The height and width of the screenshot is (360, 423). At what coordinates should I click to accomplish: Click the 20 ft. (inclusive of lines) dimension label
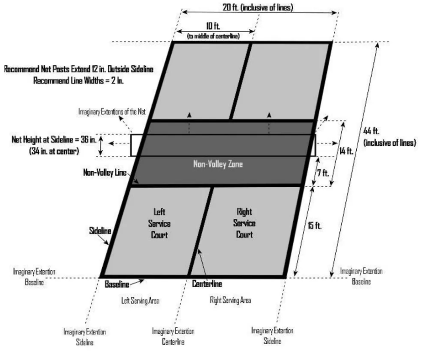coord(258,7)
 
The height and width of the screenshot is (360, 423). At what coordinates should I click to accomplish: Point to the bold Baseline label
coord(117,283)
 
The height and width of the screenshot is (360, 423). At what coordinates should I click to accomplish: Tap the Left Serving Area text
coord(140,301)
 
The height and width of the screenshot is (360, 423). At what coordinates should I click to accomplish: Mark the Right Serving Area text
coord(230,300)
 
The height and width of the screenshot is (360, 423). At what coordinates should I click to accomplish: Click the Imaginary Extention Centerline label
coord(173,336)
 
